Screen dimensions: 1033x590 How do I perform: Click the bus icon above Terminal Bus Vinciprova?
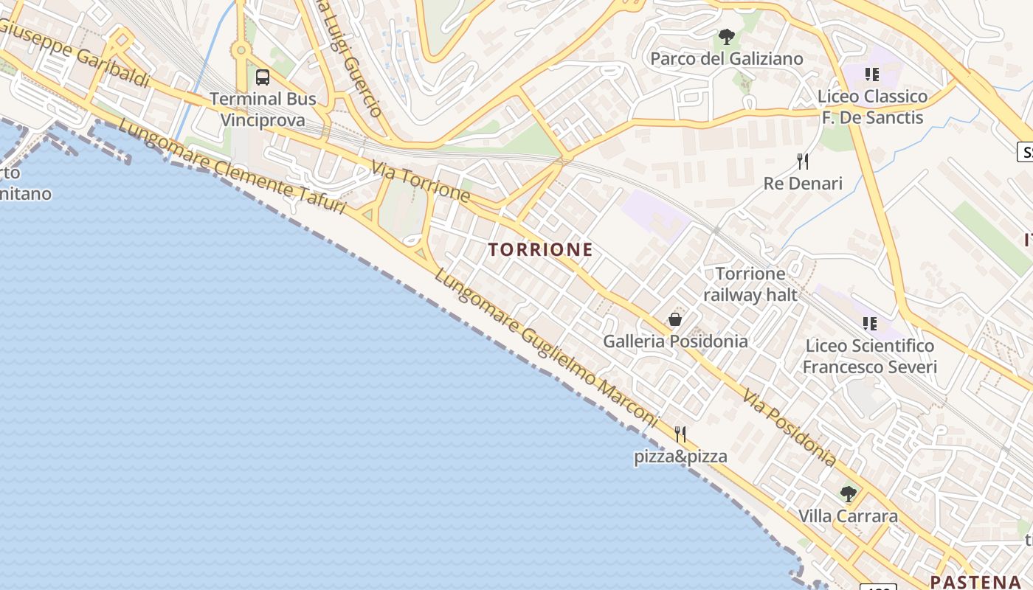(x=262, y=77)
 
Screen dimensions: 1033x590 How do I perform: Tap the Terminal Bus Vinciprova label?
(x=263, y=109)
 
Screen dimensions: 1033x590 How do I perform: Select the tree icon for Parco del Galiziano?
(x=727, y=36)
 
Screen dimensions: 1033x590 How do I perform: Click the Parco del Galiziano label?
(x=727, y=58)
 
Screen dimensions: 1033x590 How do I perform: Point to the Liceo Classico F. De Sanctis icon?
(x=872, y=74)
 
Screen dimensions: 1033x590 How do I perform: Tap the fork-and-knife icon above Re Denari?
(x=803, y=162)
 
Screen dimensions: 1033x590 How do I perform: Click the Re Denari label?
(x=803, y=184)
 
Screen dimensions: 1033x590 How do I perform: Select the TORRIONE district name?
(x=541, y=250)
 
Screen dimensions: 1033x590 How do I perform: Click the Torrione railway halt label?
(x=750, y=285)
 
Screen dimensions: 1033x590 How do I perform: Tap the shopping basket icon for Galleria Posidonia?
(x=674, y=319)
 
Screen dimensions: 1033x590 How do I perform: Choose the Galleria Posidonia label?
(x=675, y=341)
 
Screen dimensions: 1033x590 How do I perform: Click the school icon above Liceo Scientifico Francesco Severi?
(x=870, y=323)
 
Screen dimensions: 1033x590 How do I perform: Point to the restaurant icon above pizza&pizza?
(x=680, y=434)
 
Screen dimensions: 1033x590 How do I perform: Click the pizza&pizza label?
(x=680, y=457)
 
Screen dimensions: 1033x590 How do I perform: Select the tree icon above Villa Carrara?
(x=848, y=493)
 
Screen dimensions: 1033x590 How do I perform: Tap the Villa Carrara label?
(x=848, y=516)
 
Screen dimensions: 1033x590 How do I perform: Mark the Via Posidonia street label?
(x=790, y=428)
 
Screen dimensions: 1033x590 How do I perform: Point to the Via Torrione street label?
(x=421, y=182)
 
